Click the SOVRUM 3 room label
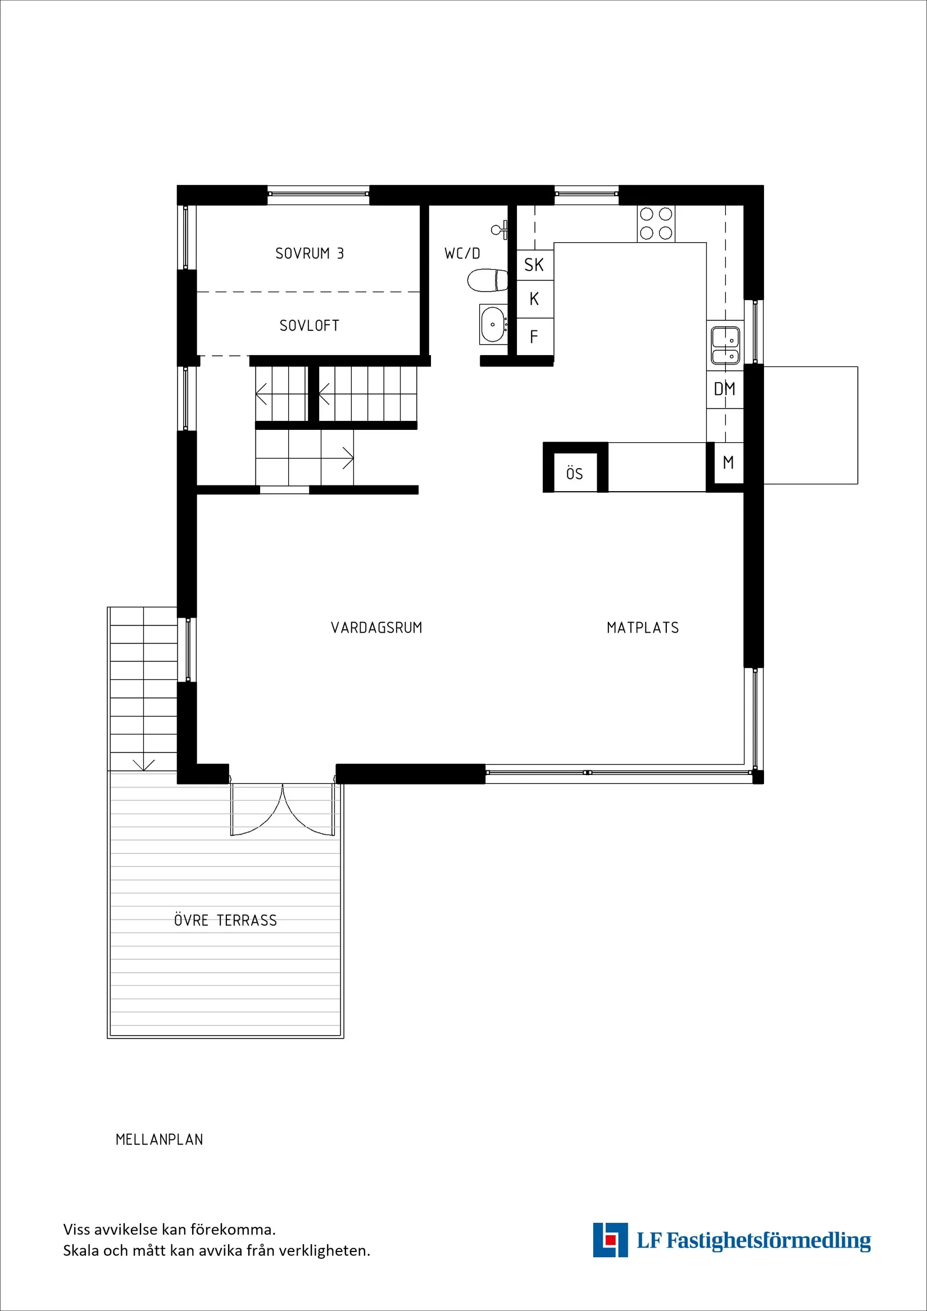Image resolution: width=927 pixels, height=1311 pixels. tap(310, 253)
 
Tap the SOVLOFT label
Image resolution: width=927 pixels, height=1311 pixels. tap(310, 325)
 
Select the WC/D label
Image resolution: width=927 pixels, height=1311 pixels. tap(462, 253)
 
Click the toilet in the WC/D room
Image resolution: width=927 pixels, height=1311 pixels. tap(488, 280)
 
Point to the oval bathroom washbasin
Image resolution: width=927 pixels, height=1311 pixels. tap(493, 324)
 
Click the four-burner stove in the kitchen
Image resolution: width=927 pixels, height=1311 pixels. tap(656, 224)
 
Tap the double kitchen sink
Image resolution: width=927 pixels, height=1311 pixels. tap(725, 346)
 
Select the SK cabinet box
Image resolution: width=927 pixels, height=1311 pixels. tap(534, 265)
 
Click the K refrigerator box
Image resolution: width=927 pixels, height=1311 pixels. tap(534, 298)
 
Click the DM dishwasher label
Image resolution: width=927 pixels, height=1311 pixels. tap(724, 389)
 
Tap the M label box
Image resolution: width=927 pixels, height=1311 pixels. tap(728, 462)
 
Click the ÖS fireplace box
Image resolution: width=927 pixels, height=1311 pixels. tap(575, 473)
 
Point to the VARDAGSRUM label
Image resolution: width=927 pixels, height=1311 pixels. tap(376, 628)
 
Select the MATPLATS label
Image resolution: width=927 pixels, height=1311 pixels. tap(643, 628)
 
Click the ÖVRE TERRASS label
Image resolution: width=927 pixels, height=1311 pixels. tap(225, 920)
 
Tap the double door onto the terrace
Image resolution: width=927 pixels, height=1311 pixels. tap(283, 811)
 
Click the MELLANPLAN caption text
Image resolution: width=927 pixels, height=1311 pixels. tap(159, 1140)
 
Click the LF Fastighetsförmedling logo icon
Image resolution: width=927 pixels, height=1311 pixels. tap(610, 1240)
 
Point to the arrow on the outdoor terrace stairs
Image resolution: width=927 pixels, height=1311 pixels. tap(143, 764)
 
